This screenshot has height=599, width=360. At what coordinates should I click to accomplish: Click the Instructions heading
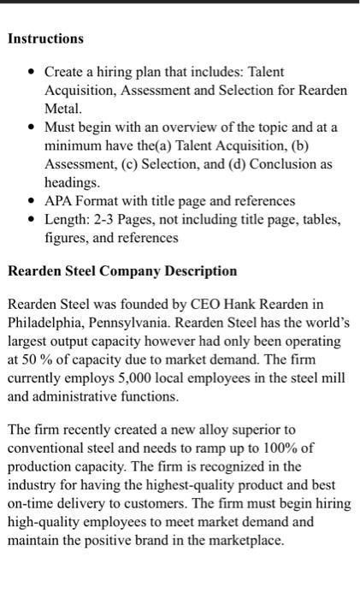click(x=45, y=39)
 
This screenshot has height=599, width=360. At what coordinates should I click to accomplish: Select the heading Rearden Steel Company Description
click(x=122, y=271)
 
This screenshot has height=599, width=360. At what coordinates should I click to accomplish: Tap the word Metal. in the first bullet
click(x=62, y=109)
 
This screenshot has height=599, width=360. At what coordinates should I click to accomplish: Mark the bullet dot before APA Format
click(x=31, y=202)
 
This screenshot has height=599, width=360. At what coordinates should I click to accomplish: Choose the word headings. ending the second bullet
click(x=72, y=182)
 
